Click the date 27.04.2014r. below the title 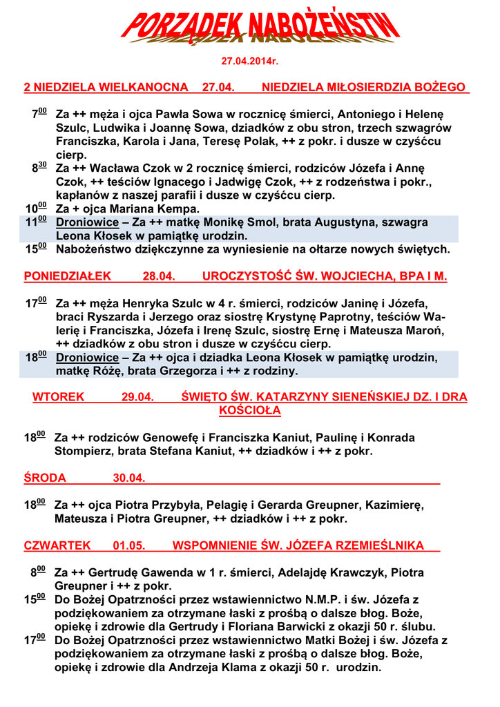coord(249,61)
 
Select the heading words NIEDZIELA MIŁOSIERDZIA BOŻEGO coord(365,88)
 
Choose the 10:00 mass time coord(36,209)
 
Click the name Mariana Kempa coord(164,209)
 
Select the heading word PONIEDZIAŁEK coord(67,277)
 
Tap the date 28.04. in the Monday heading coord(158,277)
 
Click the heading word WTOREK coord(58,398)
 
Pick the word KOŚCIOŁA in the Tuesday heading coord(249,411)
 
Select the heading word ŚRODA coord(45,478)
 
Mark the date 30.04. coord(129,478)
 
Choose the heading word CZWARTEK coord(57,545)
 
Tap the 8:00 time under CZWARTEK coord(38,572)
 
